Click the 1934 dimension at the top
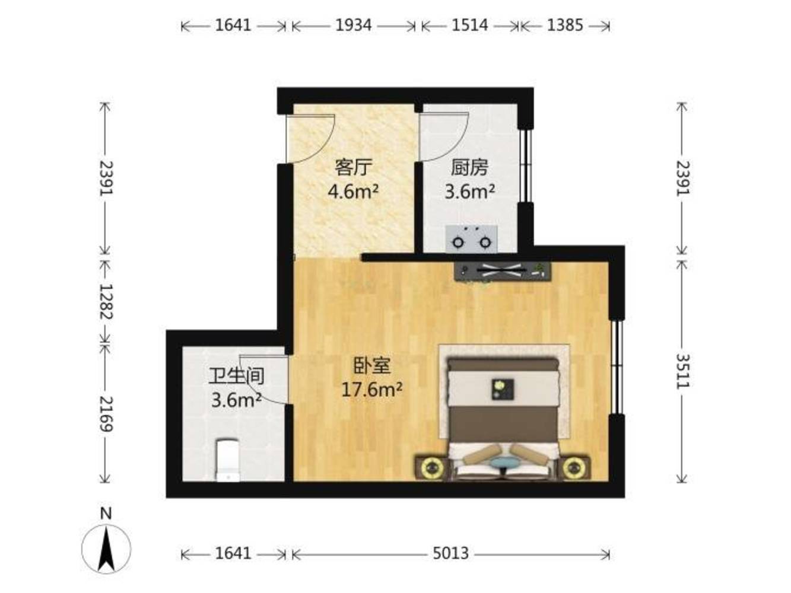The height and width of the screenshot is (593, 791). coord(353,25)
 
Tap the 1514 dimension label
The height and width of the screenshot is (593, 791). coord(469,25)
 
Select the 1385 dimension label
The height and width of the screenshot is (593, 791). coord(565,25)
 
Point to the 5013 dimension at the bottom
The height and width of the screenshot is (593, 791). coord(450,553)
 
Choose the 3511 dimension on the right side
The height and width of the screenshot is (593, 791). coord(682,372)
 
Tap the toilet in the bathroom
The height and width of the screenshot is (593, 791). coord(228,460)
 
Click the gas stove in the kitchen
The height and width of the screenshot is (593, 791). coord(471,239)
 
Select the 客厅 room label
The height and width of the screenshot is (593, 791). coord(353,167)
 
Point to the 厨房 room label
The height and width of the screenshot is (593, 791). coord(469,167)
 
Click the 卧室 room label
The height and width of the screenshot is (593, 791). coord(371,366)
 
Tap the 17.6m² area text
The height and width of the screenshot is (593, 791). coord(371,390)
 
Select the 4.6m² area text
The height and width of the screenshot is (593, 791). coord(353,192)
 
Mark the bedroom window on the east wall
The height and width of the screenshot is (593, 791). coord(617,367)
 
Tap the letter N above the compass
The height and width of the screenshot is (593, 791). coord(106,514)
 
